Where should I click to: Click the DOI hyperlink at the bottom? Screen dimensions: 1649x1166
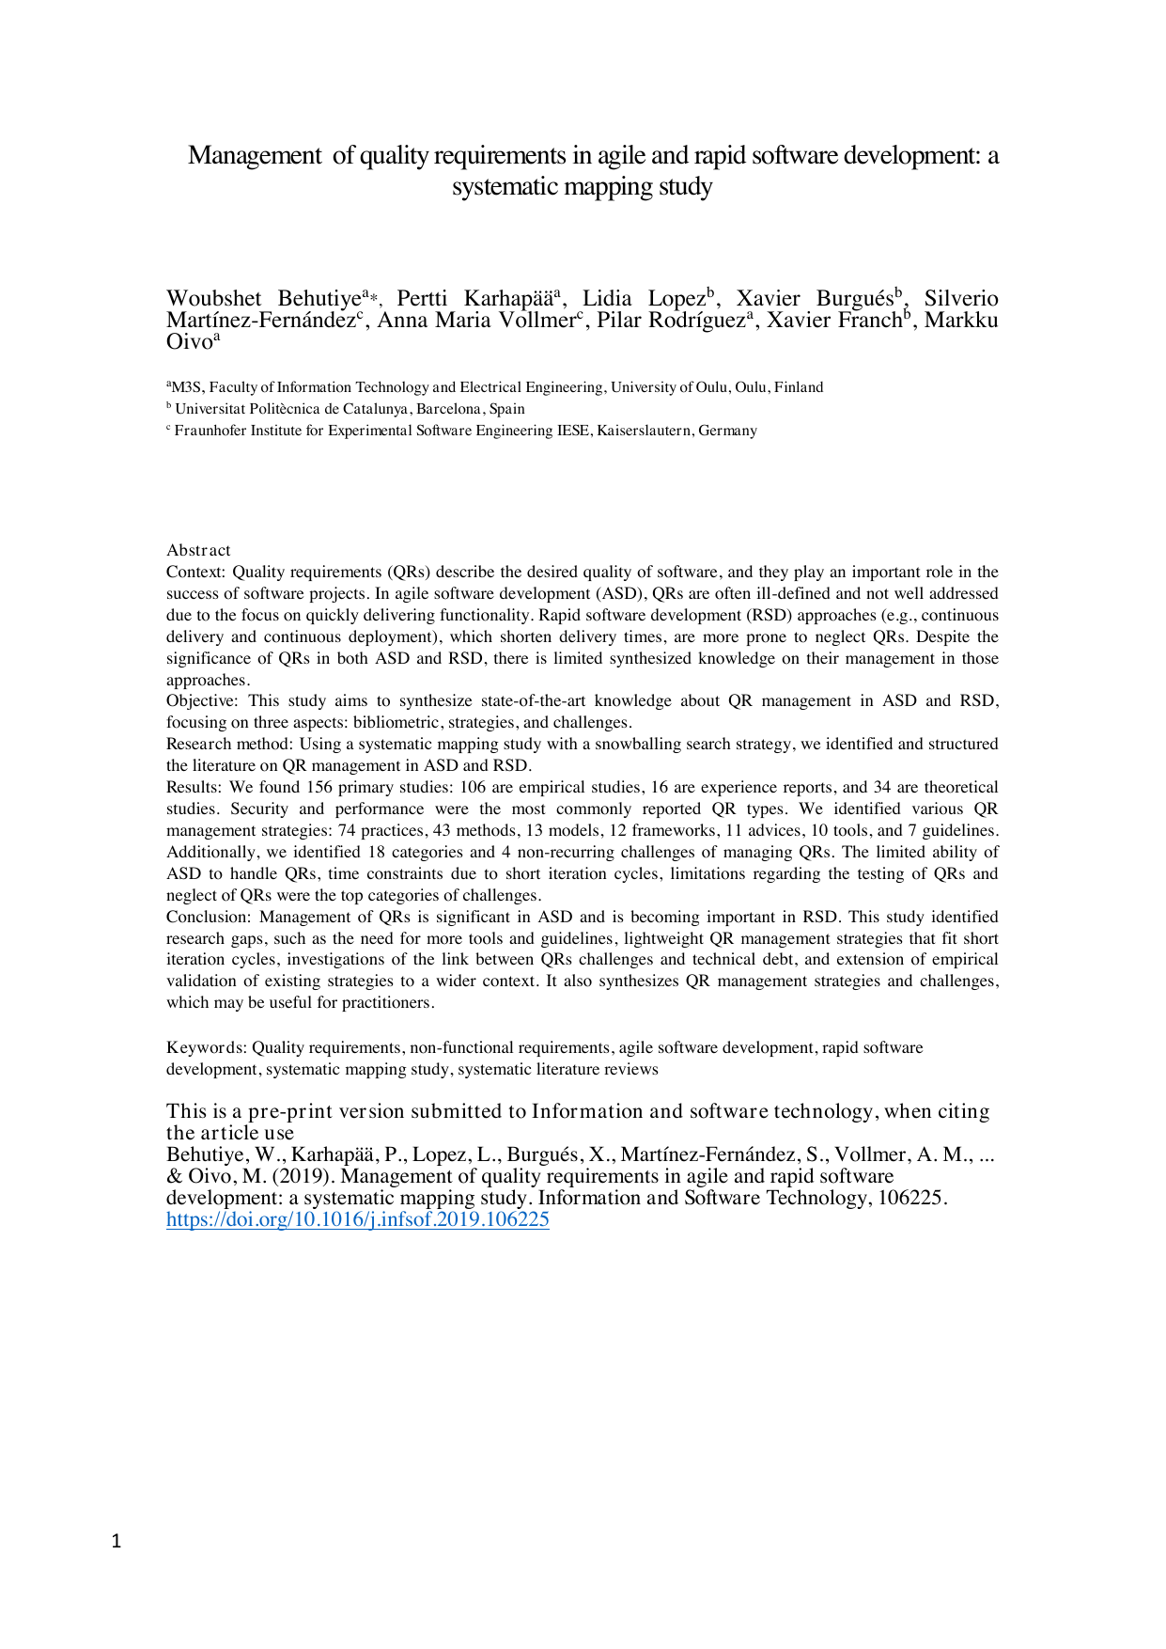coord(357,1219)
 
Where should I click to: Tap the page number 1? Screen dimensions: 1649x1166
coord(117,1541)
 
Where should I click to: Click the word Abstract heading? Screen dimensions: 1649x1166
coord(198,550)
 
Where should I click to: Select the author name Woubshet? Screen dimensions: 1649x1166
coord(213,299)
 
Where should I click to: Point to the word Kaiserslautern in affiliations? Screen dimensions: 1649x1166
coord(649,431)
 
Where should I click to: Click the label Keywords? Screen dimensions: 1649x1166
coord(207,1047)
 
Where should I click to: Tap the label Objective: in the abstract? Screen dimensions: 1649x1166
coord(202,700)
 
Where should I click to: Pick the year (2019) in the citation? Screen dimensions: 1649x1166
coord(302,1176)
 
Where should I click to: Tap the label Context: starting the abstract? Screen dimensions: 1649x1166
coord(195,572)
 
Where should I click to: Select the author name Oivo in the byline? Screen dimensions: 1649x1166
coord(189,342)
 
